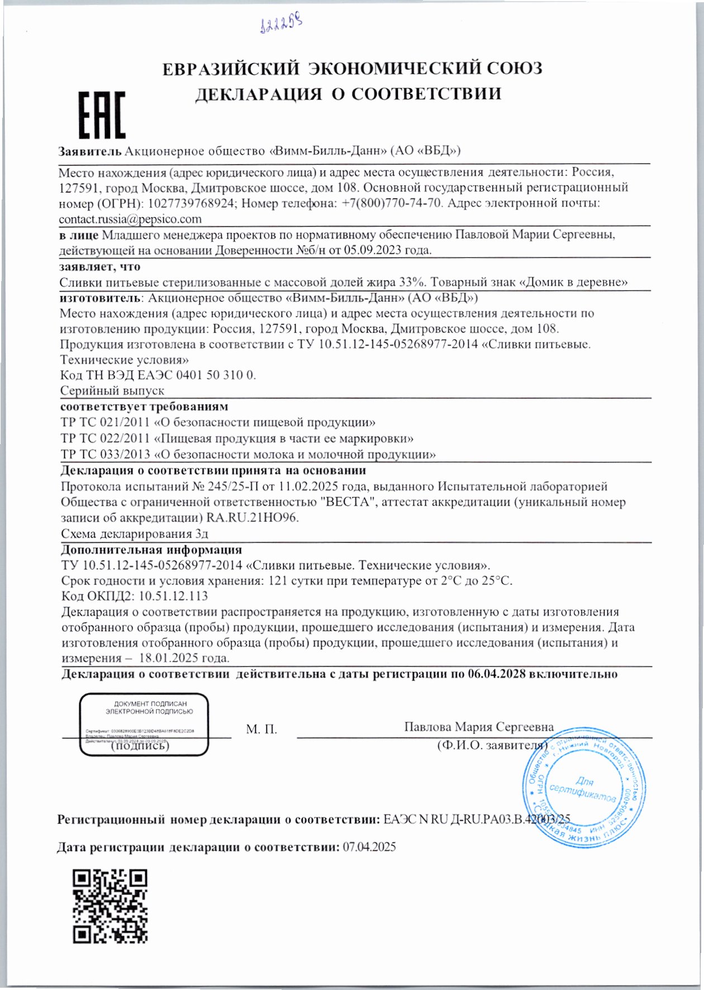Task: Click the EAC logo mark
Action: tap(102, 116)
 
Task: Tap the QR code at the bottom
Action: tap(110, 906)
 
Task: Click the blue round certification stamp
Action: tap(584, 786)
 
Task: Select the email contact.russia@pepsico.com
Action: tap(130, 219)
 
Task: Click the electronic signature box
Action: tap(144, 724)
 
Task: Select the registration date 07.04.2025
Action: tap(369, 847)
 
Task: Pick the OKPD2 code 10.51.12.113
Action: tap(173, 596)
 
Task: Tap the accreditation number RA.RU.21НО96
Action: tap(253, 517)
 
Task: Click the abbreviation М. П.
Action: tap(261, 730)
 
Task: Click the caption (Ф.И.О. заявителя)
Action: tap(492, 745)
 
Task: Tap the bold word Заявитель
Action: tap(90, 151)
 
